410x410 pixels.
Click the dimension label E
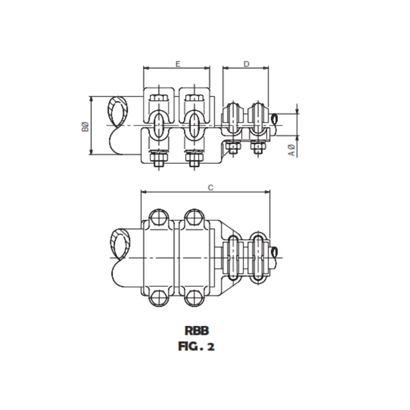[x=177, y=64]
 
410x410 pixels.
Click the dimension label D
[x=246, y=64]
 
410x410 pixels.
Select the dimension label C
[x=211, y=188]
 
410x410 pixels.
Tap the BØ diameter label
[x=85, y=126]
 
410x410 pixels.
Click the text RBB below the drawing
[x=196, y=331]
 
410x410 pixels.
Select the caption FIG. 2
[x=196, y=346]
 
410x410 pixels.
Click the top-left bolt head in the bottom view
[x=159, y=218]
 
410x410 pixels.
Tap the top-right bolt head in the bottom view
[x=194, y=218]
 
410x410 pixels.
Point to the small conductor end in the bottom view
[x=275, y=251]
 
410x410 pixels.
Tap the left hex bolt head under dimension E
[x=159, y=98]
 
